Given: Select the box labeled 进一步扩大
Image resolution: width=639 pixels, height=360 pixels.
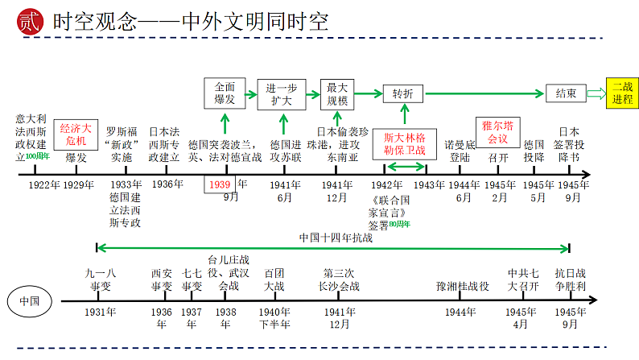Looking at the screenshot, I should pos(281,94).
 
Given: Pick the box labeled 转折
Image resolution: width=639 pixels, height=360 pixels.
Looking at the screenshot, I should pos(402,94).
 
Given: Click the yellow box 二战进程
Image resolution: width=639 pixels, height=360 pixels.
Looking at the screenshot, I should pos(622,93).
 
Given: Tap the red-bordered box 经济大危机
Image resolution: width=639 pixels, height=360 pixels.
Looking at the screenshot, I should pos(76,134).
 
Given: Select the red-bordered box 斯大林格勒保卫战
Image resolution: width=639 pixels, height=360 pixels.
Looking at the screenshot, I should pos(405,143).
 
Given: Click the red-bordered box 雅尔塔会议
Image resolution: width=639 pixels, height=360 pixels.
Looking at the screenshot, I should pos(497,132).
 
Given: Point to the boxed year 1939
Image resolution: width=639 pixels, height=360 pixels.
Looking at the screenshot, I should pos(219,184).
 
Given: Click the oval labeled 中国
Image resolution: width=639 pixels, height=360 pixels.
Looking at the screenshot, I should pos(31,301).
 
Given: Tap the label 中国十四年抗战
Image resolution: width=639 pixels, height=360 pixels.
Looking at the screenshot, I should pos(336,238).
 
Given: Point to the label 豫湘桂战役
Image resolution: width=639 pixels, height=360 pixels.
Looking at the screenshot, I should pos(463,286).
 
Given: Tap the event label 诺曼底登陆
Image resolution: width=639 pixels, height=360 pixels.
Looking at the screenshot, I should pos(460,151).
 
